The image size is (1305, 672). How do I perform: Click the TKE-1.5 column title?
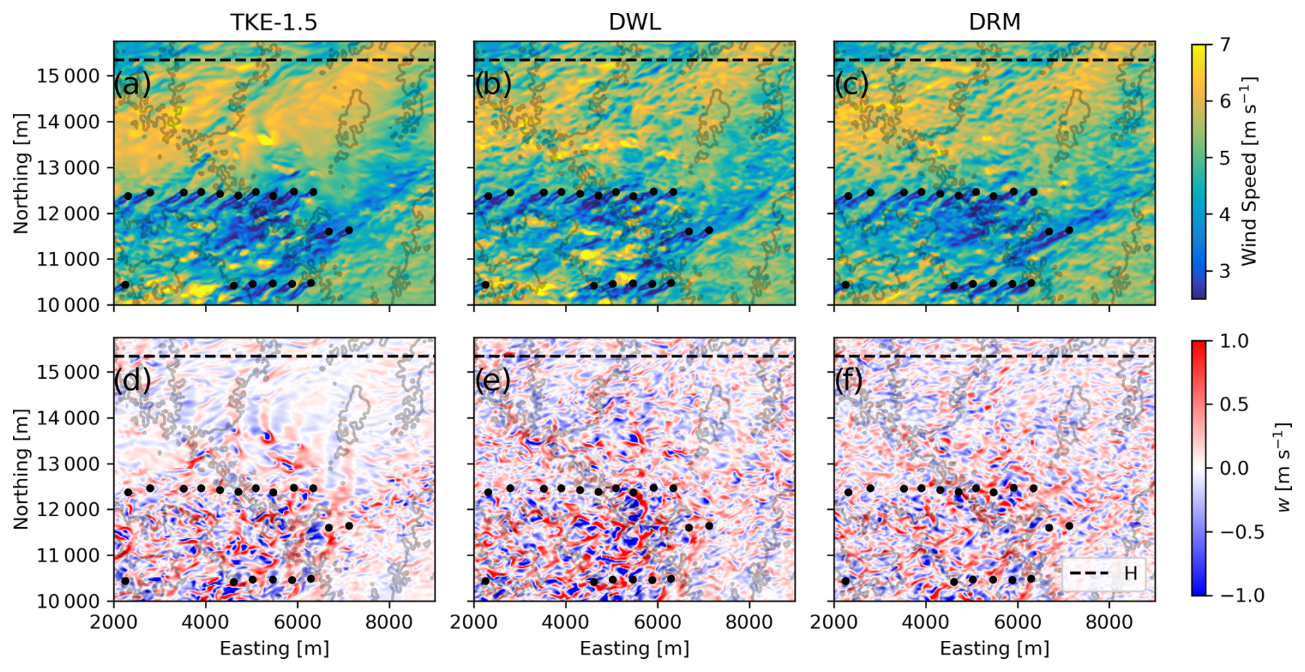click(x=274, y=22)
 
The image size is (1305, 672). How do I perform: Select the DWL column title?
click(x=634, y=22)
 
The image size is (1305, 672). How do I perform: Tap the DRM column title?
click(x=994, y=22)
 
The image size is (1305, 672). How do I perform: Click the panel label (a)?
click(x=132, y=84)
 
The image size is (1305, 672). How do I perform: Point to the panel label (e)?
click(x=492, y=380)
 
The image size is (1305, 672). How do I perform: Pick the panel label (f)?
click(x=849, y=380)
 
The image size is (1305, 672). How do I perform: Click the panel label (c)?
click(x=852, y=84)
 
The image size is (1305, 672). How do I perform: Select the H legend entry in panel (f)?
click(x=1130, y=573)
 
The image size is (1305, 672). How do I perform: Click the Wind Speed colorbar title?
click(x=1249, y=171)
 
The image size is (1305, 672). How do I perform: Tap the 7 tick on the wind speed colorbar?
click(x=1225, y=45)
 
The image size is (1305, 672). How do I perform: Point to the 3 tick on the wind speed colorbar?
click(x=1225, y=270)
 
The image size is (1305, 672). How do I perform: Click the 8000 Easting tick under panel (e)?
click(x=749, y=622)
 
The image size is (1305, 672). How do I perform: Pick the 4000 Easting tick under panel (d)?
click(x=206, y=622)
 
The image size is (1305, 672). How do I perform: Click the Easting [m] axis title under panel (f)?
click(x=994, y=649)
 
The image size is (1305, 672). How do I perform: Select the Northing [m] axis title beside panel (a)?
click(x=21, y=172)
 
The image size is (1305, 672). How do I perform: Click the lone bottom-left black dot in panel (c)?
click(x=846, y=285)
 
